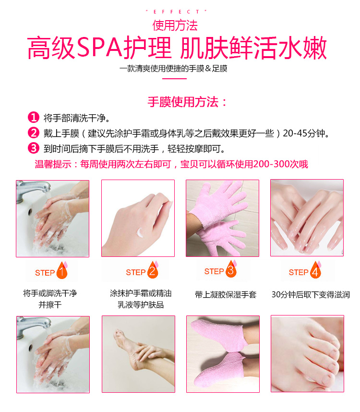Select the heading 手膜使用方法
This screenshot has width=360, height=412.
[183, 102]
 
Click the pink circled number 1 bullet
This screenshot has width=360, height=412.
[33, 118]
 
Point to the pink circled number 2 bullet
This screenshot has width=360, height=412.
[33, 133]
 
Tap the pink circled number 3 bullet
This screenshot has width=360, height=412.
[33, 148]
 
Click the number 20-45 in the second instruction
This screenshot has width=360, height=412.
[295, 133]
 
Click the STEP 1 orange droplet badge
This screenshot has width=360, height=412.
[62, 270]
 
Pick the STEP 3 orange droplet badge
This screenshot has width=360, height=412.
[231, 269]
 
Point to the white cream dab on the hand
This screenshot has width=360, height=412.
[140, 232]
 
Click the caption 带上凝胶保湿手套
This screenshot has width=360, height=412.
[226, 294]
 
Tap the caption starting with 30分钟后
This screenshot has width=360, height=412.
[311, 294]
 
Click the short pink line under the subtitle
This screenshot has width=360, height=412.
[174, 79]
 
